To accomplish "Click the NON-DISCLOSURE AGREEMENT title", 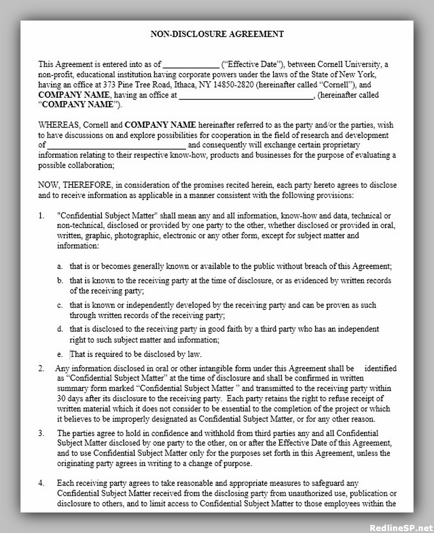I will [217, 34].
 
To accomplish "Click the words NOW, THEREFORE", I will [75, 185].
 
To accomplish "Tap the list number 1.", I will [41, 216].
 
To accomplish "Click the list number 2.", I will [41, 369].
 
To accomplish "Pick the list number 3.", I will [41, 434].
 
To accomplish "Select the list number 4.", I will [41, 483].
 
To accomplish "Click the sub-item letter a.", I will [60, 266].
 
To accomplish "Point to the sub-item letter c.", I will [60, 306].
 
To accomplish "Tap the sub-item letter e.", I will [60, 354].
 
